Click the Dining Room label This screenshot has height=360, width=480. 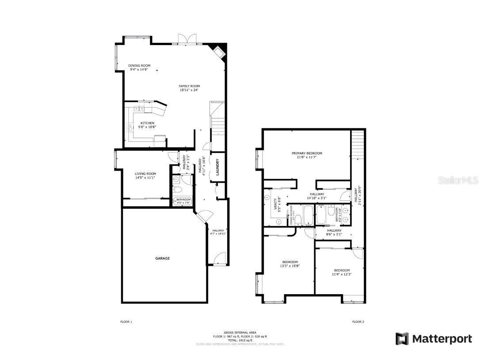click(x=139, y=65)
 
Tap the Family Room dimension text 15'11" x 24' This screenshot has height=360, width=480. click(x=189, y=90)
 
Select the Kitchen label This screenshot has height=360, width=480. click(x=147, y=123)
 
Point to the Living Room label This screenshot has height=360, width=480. click(x=145, y=173)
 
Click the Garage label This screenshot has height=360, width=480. click(x=162, y=258)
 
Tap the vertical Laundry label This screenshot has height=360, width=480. click(x=217, y=167)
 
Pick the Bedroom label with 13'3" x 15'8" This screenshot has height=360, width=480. click(x=290, y=262)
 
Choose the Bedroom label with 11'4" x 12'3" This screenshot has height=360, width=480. click(x=342, y=270)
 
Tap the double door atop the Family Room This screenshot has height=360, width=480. click(x=187, y=39)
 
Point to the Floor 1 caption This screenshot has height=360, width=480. click(x=126, y=322)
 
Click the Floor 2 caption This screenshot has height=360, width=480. click(x=358, y=322)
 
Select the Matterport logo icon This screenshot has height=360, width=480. click(x=402, y=339)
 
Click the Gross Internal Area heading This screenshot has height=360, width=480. click(x=240, y=332)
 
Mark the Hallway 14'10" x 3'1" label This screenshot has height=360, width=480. click(x=317, y=194)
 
